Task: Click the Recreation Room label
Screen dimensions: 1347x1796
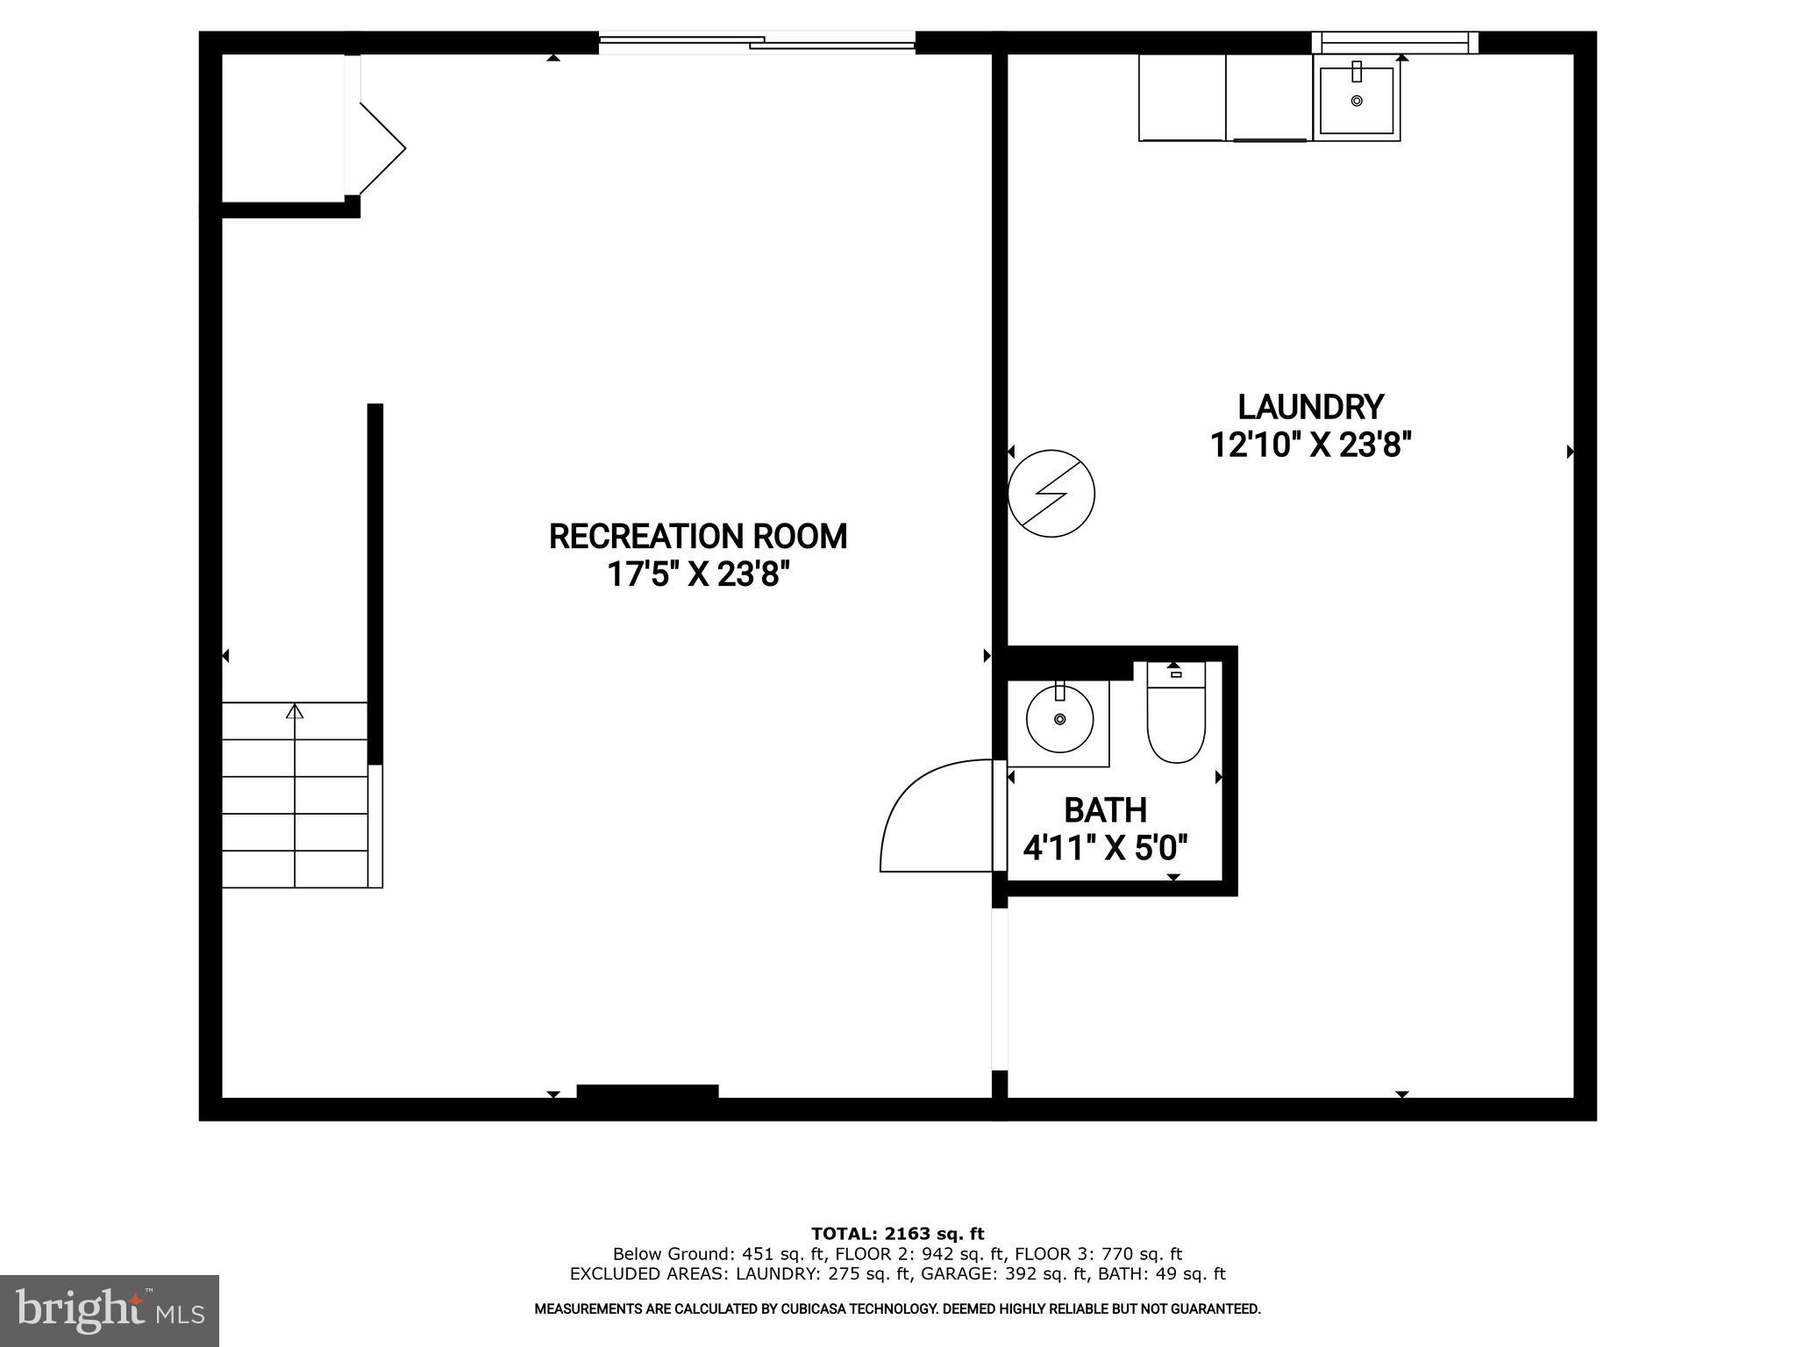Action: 698,536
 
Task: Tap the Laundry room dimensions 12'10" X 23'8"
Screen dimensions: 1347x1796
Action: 1310,445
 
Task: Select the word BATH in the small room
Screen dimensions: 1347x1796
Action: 1105,809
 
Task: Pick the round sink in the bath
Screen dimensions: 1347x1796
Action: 1059,719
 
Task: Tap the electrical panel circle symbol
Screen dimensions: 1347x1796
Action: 1051,494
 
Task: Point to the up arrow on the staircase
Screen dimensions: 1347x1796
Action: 295,711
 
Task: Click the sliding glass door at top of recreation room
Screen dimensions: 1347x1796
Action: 757,41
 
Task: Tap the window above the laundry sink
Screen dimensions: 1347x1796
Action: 1394,42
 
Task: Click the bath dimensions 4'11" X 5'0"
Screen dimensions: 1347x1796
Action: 1105,848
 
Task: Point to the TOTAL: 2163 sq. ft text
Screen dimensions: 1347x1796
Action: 897,1234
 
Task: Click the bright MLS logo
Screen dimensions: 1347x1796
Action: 109,1310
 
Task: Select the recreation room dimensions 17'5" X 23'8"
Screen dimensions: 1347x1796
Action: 698,574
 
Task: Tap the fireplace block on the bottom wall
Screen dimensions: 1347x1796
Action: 647,1091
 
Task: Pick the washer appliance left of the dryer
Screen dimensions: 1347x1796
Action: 1181,96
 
